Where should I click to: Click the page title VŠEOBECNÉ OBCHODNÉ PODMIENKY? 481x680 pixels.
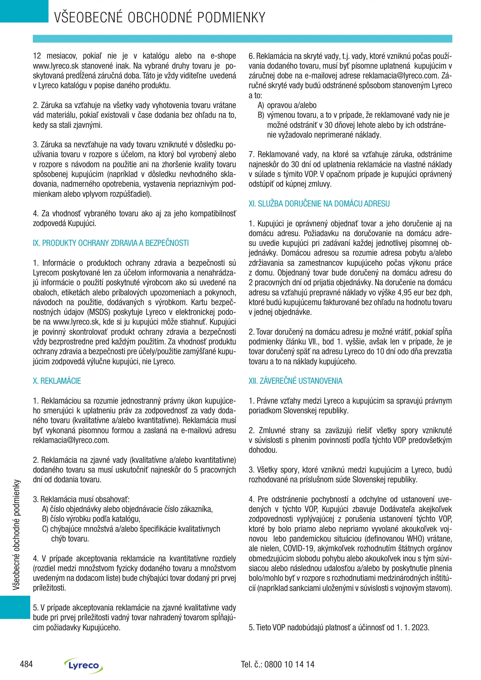pos(160,17)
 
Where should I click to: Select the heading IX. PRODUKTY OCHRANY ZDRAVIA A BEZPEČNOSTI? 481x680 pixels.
pos(111,243)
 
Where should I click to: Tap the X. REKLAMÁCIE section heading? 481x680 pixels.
pos(57,381)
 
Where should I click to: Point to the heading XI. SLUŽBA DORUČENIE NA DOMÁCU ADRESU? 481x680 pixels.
pos(319,204)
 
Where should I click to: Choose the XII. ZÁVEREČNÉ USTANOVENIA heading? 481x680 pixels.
pos(295,381)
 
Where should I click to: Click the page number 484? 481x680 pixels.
pos(26,664)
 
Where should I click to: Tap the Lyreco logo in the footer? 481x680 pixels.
pos(83,665)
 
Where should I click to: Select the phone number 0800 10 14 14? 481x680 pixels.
pos(289,665)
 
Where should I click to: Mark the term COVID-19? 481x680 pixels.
pos(298,548)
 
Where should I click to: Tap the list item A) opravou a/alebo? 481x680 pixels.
pos(287,105)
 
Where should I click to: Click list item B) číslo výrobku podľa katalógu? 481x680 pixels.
pos(91,519)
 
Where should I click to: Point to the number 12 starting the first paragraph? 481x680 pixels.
pos(37,56)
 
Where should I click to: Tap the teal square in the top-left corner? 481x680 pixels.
pos(24,11)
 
